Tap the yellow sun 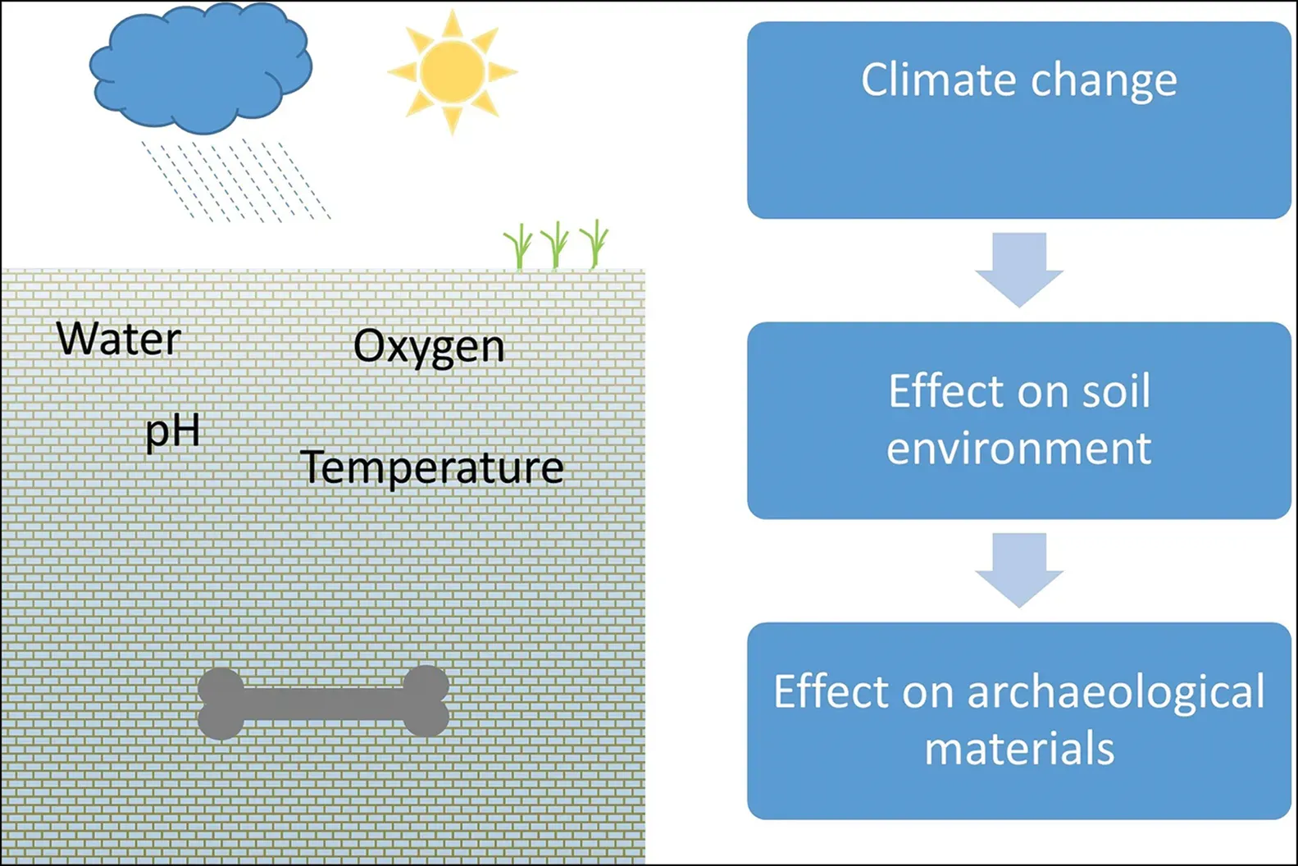click(452, 71)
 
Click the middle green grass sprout click(556, 245)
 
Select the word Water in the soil click(119, 339)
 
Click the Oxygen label click(429, 347)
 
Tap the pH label click(172, 431)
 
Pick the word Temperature click(432, 467)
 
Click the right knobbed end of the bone click(426, 701)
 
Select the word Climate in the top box click(937, 80)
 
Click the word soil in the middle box click(1116, 391)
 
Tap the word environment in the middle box click(1019, 449)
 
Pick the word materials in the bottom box click(1019, 749)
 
